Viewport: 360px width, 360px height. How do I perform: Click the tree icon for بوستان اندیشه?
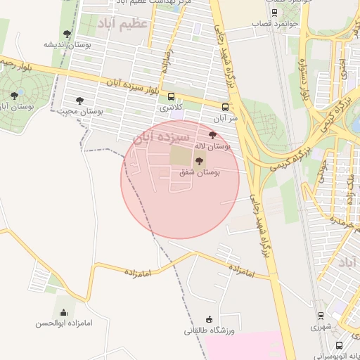coord(67,34)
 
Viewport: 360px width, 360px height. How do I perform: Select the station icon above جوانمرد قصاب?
coord(274,13)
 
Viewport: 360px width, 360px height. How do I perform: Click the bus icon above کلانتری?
coord(171,98)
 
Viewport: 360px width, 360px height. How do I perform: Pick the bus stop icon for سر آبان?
coord(225,108)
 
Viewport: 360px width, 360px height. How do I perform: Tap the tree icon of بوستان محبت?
coord(80,101)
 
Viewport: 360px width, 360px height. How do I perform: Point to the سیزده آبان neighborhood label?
coord(162,136)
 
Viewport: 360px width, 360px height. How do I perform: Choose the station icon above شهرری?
coord(321,316)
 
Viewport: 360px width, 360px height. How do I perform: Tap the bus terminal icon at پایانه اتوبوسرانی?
coord(340,346)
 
